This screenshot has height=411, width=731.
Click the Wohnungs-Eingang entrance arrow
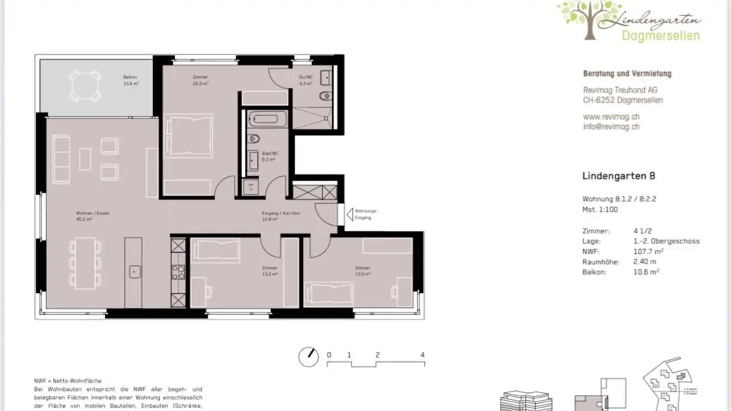coord(349,215)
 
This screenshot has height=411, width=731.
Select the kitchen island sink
coord(134,271)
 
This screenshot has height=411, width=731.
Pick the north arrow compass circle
coord(308,357)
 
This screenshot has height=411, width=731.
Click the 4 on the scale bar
coord(422,355)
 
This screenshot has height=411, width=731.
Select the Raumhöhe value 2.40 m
coord(645,262)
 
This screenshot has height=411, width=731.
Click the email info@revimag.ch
coord(611,127)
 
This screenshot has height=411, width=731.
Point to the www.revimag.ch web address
coord(611,117)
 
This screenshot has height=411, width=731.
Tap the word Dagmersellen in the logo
coord(660,36)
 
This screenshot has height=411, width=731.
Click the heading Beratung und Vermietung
coord(627,74)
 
